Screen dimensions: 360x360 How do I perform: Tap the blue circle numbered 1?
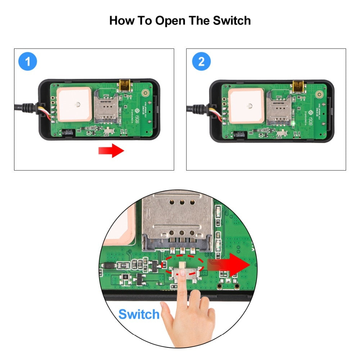click(x=28, y=62)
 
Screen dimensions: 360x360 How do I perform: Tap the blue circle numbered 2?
click(x=201, y=62)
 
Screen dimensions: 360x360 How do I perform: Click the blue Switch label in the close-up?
click(x=139, y=314)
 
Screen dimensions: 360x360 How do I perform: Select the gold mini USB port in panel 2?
click(x=298, y=86)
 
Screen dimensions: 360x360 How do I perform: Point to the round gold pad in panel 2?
click(x=319, y=95)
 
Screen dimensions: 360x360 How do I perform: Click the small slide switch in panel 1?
click(x=109, y=132)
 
